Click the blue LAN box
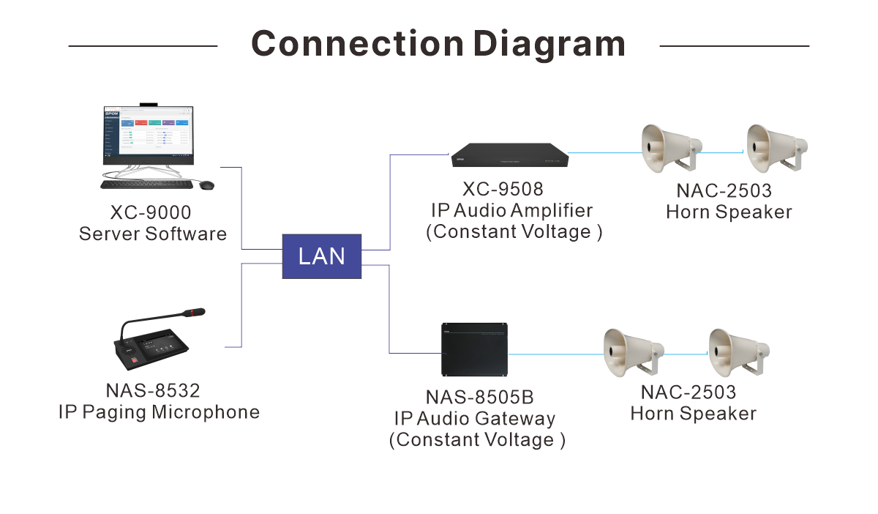point(322,256)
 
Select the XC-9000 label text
point(151,213)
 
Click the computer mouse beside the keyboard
point(207,185)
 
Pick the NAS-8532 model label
point(153,390)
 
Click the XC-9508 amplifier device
point(509,154)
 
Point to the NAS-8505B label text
point(480,398)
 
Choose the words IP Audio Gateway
point(475,419)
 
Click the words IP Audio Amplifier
point(511,211)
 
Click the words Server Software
point(153,234)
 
